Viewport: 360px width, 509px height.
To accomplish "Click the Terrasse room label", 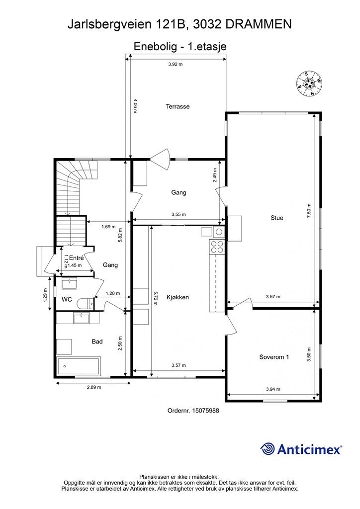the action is point(178,106).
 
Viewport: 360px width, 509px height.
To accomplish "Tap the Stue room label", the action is point(277,218).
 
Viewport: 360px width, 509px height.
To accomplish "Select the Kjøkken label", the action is point(178,297).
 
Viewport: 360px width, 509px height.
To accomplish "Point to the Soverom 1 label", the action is point(274,357).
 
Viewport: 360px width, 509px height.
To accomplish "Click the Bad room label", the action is point(97,341).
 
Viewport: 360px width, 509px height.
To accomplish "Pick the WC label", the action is point(67,300).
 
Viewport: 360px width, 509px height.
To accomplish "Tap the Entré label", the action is point(77,258).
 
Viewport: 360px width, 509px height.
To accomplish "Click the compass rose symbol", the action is point(309,84).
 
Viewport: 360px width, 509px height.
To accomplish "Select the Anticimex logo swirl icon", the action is point(268,449).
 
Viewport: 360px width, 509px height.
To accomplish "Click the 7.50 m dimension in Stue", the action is point(309,210).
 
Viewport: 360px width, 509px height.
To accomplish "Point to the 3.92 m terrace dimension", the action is point(176,64).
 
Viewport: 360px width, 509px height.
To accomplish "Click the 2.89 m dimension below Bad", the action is point(94,387).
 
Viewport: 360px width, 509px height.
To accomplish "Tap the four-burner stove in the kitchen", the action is point(217,247).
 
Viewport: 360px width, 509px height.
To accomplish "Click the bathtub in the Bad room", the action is point(79,366).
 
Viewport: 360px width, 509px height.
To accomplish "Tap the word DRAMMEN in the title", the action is point(259,24).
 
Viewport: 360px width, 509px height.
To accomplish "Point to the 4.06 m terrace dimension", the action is point(135,105).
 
